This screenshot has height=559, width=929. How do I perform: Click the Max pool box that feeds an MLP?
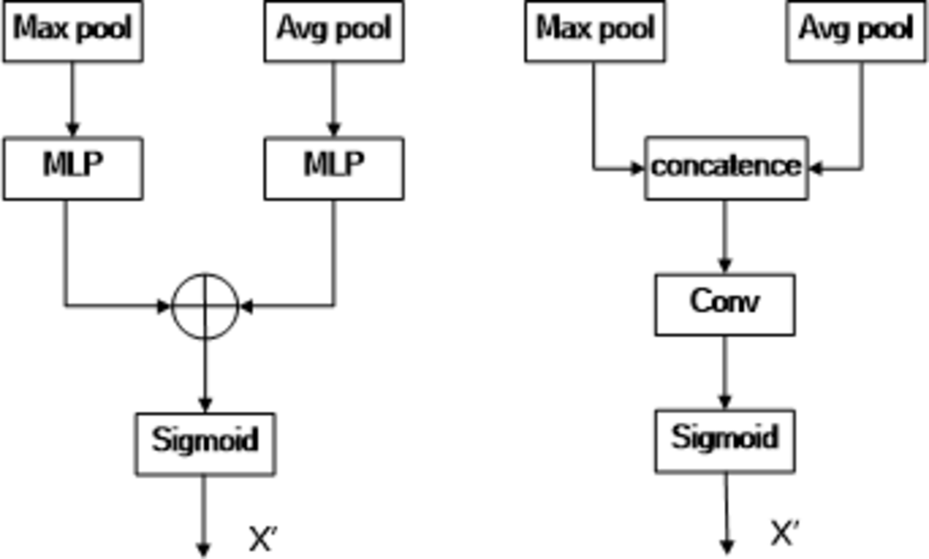click(x=72, y=31)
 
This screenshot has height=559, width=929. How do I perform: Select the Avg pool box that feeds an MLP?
click(x=334, y=31)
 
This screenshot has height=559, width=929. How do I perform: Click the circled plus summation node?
click(x=204, y=306)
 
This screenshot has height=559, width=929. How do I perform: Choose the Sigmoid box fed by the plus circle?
click(x=205, y=442)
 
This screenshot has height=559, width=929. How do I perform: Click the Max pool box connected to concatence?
click(x=594, y=31)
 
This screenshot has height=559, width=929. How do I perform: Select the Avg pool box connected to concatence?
click(x=856, y=31)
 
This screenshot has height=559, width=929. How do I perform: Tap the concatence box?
click(x=726, y=168)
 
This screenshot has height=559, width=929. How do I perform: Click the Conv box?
click(x=725, y=305)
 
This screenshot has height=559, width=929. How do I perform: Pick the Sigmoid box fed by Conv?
click(x=725, y=439)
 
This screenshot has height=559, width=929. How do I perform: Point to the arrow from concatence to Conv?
click(x=726, y=237)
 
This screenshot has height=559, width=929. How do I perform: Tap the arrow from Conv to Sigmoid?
click(x=726, y=372)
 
